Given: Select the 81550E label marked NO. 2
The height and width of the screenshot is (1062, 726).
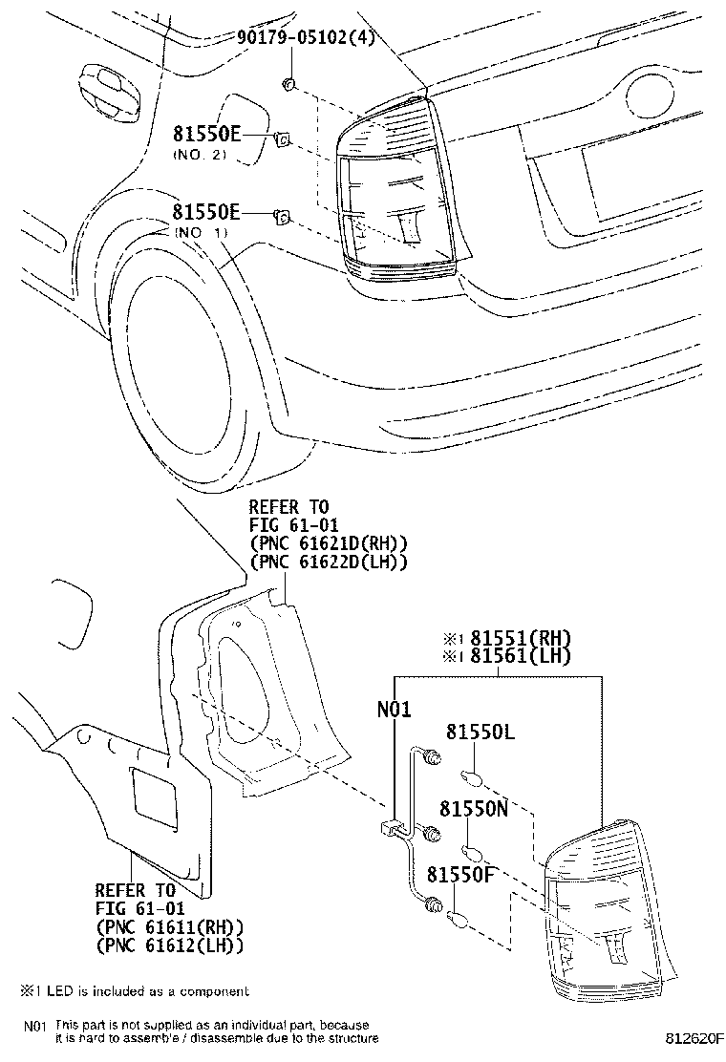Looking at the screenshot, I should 206,135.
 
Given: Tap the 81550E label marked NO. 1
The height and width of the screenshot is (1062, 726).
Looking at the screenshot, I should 206,212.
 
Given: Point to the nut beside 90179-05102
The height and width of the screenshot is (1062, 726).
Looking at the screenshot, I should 288,86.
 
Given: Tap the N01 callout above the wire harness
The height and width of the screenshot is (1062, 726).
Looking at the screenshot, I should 395,709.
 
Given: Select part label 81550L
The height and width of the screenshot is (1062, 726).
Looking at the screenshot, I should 480,733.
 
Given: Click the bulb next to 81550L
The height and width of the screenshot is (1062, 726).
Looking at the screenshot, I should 472,775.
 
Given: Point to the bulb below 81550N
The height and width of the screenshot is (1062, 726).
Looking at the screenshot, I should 471,849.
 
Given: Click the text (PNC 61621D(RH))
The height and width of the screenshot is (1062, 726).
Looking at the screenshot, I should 329,544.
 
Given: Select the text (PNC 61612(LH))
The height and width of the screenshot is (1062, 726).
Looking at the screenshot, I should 170,945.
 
